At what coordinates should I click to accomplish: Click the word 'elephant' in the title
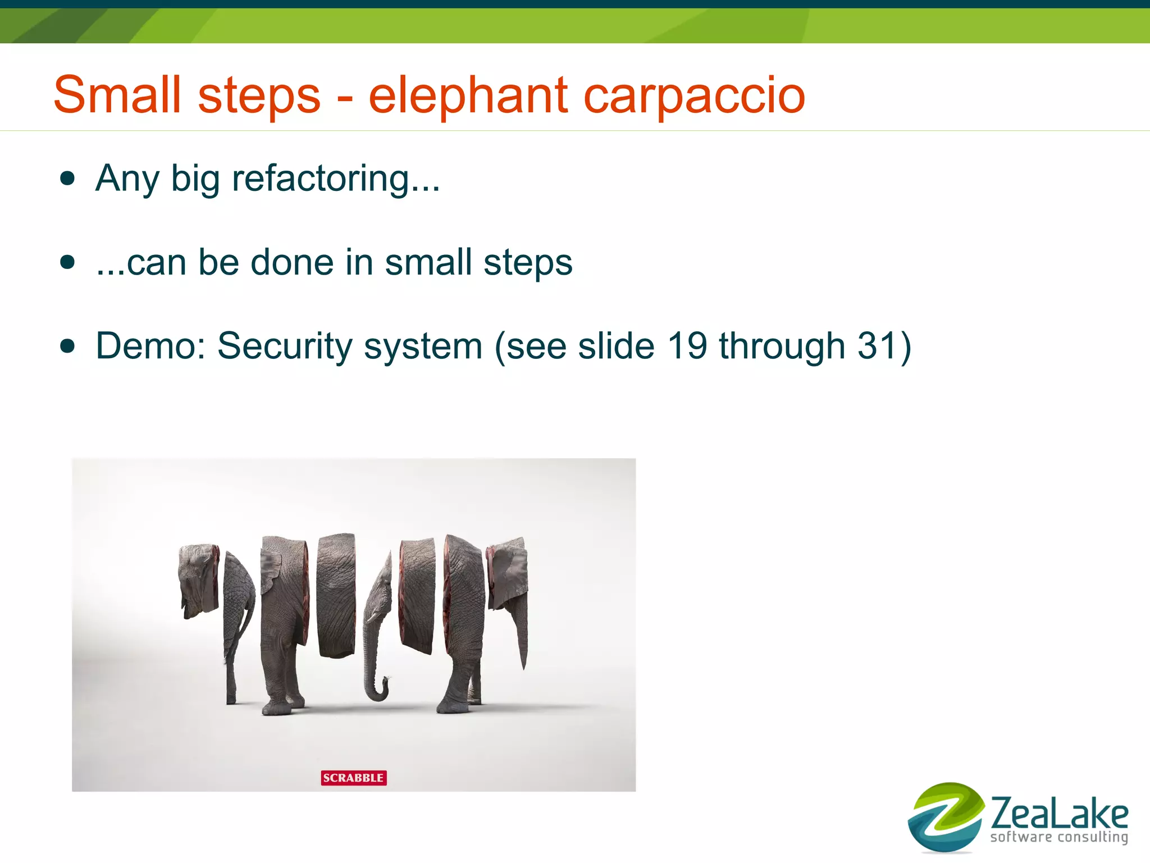468,95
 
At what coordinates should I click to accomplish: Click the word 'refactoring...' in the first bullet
336,179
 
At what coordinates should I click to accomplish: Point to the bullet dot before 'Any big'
67,179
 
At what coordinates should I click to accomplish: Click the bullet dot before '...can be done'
67,262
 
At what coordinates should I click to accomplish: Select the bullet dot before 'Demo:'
67,346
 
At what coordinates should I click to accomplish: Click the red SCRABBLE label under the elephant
354,778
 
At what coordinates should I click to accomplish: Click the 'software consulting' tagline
1059,837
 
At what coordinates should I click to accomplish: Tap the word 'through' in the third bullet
782,346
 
